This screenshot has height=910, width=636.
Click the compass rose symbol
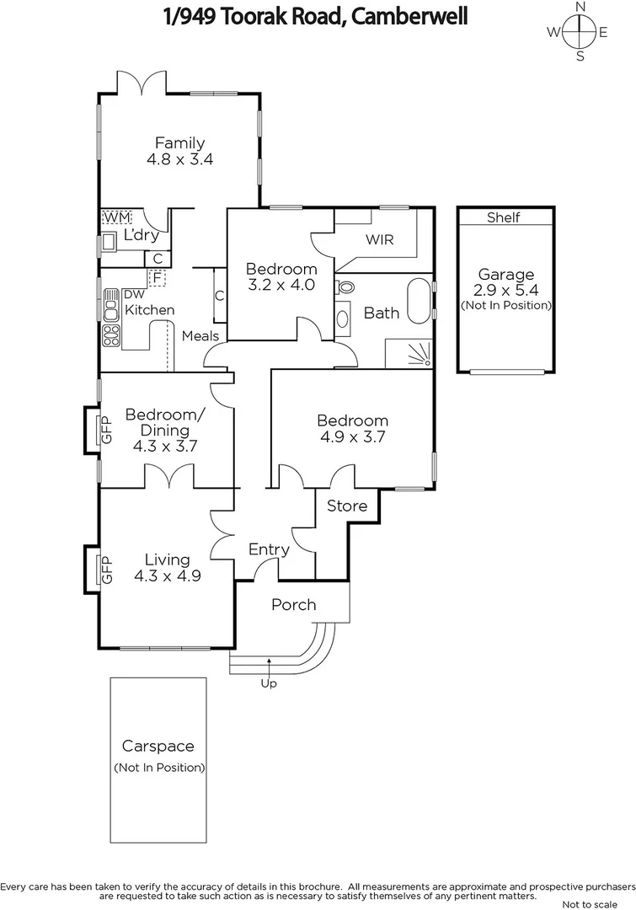click(580, 32)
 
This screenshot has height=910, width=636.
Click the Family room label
click(179, 143)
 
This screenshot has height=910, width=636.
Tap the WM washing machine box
click(112, 218)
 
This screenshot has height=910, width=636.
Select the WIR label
click(378, 239)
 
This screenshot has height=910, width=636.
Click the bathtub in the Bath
click(418, 303)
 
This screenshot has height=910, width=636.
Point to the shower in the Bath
click(411, 353)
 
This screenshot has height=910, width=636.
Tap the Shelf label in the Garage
click(504, 217)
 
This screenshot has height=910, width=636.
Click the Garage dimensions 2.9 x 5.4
click(505, 289)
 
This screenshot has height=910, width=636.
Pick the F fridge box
click(157, 276)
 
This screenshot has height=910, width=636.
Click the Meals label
click(200, 336)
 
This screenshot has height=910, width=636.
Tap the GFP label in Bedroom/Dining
click(106, 430)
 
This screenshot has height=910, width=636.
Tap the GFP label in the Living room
click(106, 569)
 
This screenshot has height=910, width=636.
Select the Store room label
click(347, 506)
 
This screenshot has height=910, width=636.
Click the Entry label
click(269, 549)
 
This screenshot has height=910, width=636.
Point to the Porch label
click(293, 604)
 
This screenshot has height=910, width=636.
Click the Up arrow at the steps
click(269, 664)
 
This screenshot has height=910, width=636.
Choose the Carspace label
click(158, 746)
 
